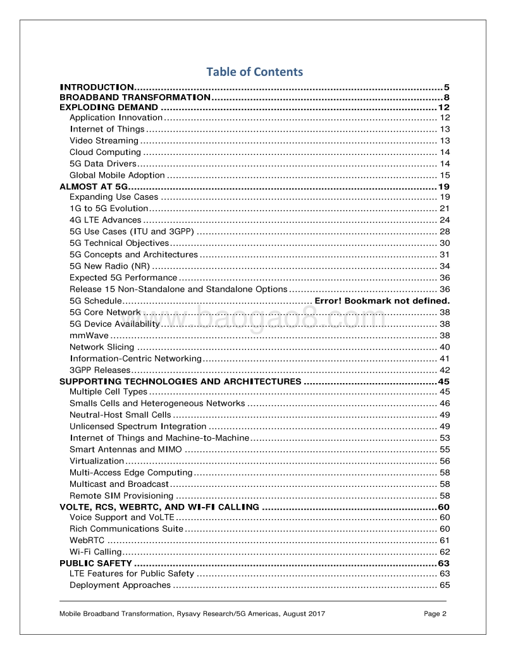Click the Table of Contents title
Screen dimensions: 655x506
tap(254, 71)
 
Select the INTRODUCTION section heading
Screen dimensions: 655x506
tap(96, 87)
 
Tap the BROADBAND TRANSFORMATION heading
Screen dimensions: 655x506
tap(135, 97)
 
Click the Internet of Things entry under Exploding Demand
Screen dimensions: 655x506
tap(107, 129)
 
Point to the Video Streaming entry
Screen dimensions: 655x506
tap(104, 140)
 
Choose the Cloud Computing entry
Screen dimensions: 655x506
tap(105, 152)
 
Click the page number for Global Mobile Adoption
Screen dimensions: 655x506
tap(445, 175)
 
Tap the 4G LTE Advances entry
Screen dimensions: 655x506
tap(105, 220)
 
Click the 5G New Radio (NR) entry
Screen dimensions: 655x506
tap(109, 266)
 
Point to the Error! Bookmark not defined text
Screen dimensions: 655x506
tap(382, 300)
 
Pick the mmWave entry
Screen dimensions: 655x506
tap(89, 335)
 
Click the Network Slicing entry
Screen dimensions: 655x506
tap(102, 346)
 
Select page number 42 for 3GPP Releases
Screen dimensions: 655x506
tap(445, 370)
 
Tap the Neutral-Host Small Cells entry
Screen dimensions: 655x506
tap(120, 415)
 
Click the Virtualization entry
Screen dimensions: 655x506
tap(97, 461)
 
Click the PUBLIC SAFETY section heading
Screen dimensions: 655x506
tap(96, 563)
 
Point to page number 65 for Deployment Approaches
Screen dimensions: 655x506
tap(445, 585)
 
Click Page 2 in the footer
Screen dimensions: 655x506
tap(435, 613)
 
